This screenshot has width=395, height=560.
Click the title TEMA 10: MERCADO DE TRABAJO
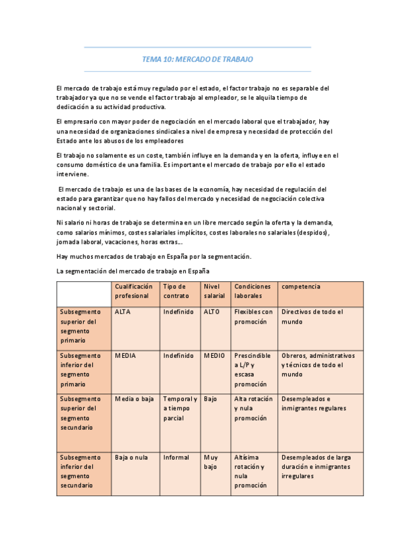197,59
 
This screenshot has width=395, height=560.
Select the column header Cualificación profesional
134,291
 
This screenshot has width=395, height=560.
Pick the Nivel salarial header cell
214,291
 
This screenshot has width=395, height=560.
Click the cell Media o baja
134,399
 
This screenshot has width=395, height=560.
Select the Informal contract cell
176,457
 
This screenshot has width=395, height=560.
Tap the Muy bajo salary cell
211,462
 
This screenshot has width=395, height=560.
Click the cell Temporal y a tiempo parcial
179,408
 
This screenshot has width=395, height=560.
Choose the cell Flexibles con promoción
253,316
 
